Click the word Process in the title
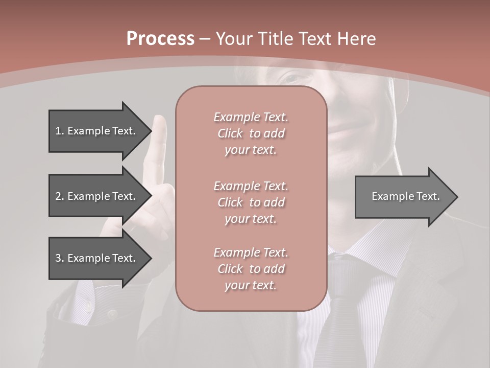tap(160, 39)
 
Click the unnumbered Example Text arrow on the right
tap(405, 196)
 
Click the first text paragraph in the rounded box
tap(251, 133)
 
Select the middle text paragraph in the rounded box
tap(251, 202)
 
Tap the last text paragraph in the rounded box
tap(251, 269)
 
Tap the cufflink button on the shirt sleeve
tap(88, 307)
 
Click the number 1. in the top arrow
tap(60, 131)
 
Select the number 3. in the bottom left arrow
tap(60, 258)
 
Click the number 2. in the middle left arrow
tap(60, 196)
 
